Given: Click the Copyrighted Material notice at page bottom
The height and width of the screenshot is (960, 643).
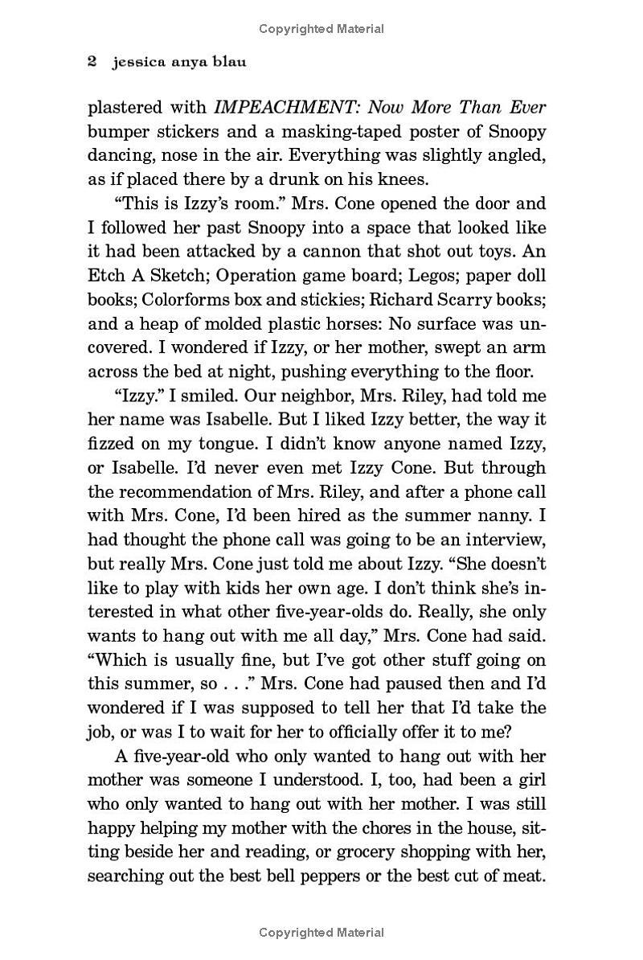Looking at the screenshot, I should pos(321,933).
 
